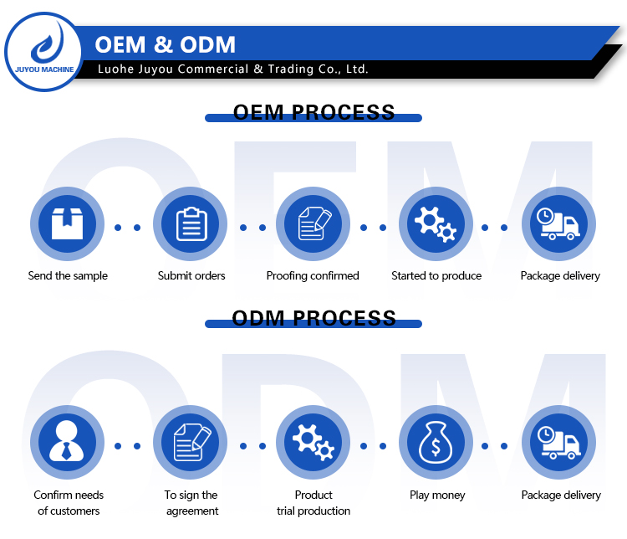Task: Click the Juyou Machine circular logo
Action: click(x=43, y=52)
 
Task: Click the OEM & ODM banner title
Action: click(x=166, y=44)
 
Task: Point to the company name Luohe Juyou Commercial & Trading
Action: click(x=232, y=69)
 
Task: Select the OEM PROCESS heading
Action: click(x=313, y=112)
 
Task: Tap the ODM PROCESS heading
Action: click(x=313, y=318)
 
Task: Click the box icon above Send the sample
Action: click(x=67, y=223)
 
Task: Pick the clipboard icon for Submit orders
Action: click(x=191, y=223)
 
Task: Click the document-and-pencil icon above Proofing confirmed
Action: click(x=314, y=223)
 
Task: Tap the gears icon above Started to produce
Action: click(x=436, y=223)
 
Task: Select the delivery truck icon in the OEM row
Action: click(x=558, y=223)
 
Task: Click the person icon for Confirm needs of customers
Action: click(x=67, y=441)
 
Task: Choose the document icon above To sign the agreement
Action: click(x=192, y=442)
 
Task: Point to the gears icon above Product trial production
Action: click(x=313, y=442)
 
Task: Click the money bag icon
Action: click(x=436, y=442)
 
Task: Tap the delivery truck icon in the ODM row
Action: click(x=559, y=443)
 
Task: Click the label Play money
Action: click(x=437, y=495)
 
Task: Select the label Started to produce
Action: click(x=436, y=276)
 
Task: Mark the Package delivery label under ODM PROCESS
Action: click(x=561, y=495)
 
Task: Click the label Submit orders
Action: click(x=191, y=276)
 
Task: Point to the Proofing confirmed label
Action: click(x=313, y=276)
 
